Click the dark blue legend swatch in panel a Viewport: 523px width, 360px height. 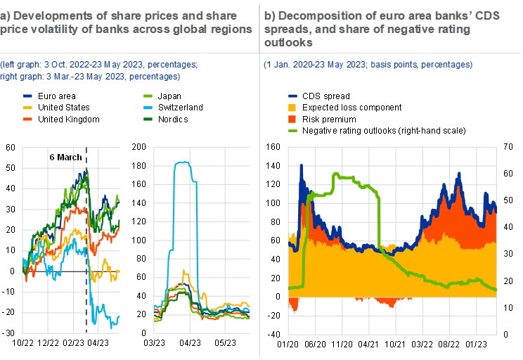[x=28, y=96]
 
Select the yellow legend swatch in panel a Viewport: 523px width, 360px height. [x=28, y=108]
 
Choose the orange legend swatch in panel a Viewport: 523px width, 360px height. [x=28, y=120]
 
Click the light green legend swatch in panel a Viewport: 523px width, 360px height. [x=148, y=96]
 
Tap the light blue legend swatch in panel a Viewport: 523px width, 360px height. [x=148, y=108]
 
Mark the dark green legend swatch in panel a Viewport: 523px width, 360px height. [x=148, y=120]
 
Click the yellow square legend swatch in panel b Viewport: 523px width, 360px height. [x=293, y=108]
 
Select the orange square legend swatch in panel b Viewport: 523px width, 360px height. [x=293, y=120]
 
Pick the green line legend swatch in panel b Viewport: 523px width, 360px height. [x=293, y=131]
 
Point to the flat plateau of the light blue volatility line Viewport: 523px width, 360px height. [x=183, y=163]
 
